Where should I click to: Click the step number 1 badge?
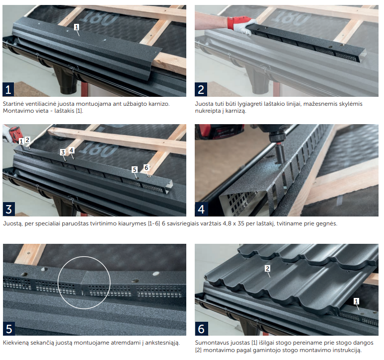[8, 90]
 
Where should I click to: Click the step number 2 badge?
[201, 90]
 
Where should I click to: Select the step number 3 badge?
[8, 210]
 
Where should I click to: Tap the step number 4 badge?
[201, 210]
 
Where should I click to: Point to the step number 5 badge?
[9, 329]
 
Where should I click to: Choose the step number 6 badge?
[201, 329]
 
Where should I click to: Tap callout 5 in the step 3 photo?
[135, 170]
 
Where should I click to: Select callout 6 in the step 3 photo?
[146, 168]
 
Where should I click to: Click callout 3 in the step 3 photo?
[63, 152]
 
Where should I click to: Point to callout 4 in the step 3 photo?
[71, 150]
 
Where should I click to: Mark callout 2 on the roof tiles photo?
[267, 269]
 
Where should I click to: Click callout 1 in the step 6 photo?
[357, 301]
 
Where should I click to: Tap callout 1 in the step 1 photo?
[77, 27]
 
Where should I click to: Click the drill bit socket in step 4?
[280, 154]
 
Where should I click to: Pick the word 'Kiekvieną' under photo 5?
[15, 343]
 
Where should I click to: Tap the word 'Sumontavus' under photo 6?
[210, 343]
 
